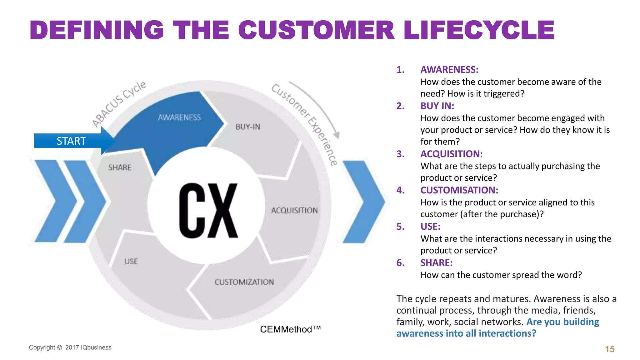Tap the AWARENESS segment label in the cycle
click(x=179, y=117)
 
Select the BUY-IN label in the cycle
click(x=248, y=127)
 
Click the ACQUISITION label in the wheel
click(x=294, y=210)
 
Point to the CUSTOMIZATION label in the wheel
click(x=244, y=282)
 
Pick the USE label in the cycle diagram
click(x=131, y=261)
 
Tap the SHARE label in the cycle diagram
click(x=120, y=167)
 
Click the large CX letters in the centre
click(x=208, y=211)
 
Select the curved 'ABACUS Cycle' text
click(x=119, y=103)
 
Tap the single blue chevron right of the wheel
click(x=363, y=202)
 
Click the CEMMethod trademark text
click(x=290, y=329)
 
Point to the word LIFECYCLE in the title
click(x=479, y=30)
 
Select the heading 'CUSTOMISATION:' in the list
click(x=459, y=190)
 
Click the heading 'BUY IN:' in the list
click(x=437, y=106)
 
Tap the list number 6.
click(x=400, y=263)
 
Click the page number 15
click(x=609, y=349)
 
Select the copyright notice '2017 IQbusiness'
click(x=88, y=347)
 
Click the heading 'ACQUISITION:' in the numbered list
click(x=451, y=154)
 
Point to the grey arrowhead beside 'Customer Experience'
click(x=337, y=135)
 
